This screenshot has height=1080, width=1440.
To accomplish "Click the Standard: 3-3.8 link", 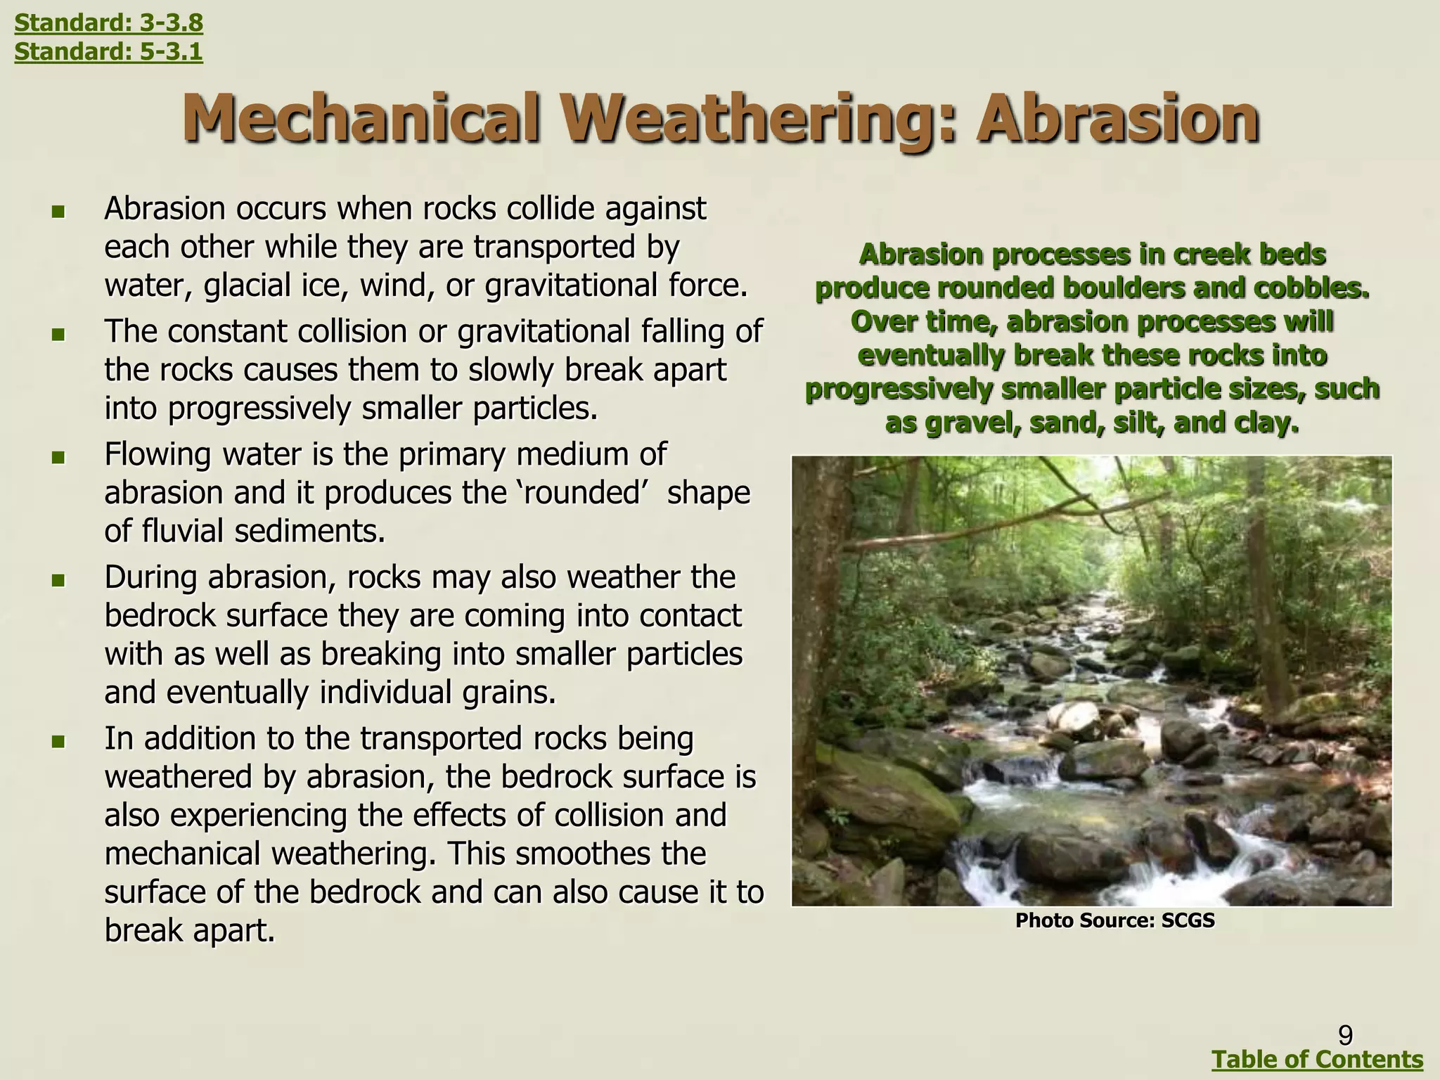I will click(x=108, y=23).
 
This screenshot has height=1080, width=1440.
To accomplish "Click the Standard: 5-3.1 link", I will click(x=108, y=51).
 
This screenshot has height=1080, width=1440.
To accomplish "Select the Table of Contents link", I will click(x=1318, y=1059).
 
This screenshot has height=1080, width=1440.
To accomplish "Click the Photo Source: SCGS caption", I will click(x=1114, y=920).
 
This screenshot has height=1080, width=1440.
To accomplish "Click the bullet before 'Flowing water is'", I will click(x=58, y=458).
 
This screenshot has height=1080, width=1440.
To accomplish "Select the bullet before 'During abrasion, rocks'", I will click(x=58, y=581).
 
